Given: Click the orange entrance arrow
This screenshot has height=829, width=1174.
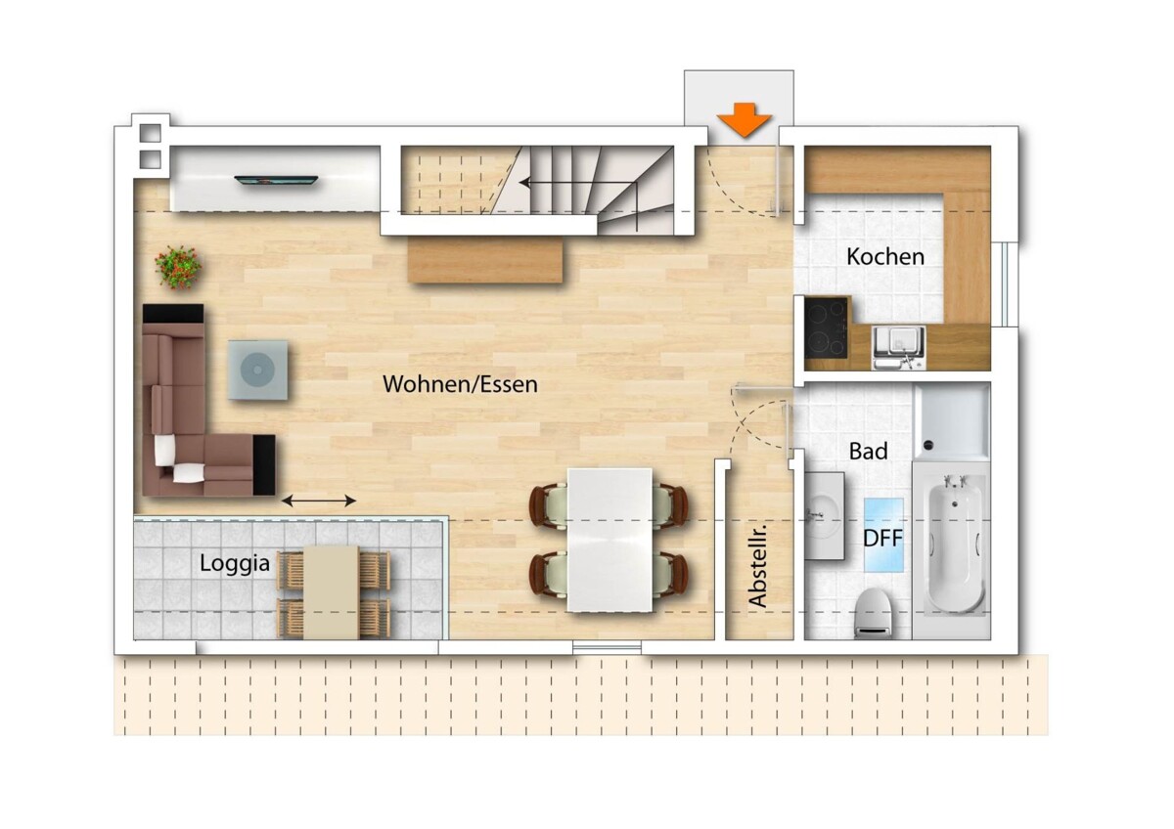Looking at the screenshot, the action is click(745, 120).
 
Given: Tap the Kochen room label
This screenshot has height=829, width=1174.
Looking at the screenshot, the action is click(885, 256).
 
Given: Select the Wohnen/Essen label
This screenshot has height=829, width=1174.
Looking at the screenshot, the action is click(460, 384).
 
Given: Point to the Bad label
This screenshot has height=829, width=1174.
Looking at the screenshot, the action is click(869, 451).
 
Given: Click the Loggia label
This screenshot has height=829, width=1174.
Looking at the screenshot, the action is click(235, 564).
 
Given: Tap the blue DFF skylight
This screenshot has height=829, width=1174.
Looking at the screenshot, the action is click(883, 535).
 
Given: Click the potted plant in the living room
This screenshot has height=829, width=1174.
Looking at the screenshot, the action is click(178, 267).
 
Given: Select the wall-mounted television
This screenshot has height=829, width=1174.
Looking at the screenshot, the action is click(276, 180).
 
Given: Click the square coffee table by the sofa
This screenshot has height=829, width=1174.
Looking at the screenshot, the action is click(258, 370).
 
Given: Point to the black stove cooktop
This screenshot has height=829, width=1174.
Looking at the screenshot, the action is click(826, 327).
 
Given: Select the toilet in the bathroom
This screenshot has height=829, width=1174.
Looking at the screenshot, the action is click(875, 613).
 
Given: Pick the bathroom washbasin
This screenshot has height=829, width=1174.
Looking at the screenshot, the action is click(825, 516).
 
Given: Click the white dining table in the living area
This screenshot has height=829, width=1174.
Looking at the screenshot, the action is click(610, 540).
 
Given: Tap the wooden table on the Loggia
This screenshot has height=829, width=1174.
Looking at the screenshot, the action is click(332, 592).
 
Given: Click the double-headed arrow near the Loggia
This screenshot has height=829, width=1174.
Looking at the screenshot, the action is click(319, 502).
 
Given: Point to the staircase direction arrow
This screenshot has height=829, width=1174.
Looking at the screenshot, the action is click(578, 184).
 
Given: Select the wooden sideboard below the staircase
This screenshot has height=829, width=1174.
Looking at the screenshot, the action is click(485, 260).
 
